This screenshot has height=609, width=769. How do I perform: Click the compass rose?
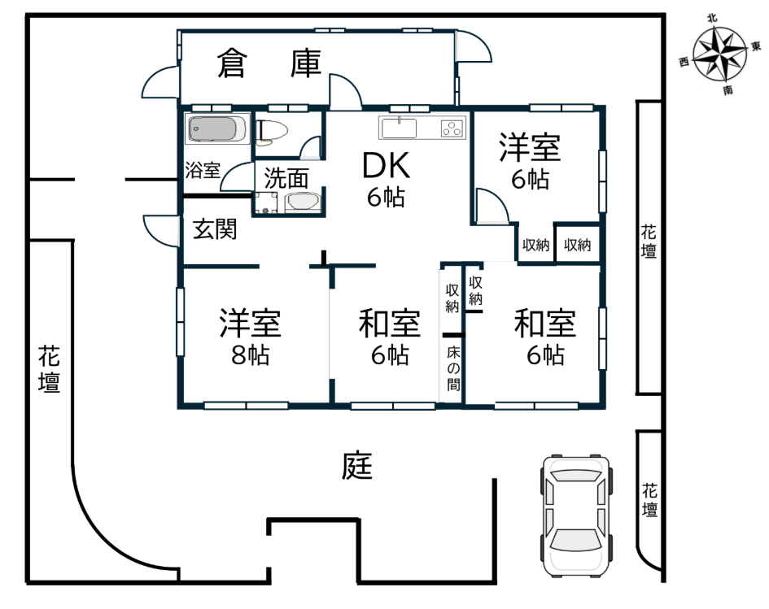[720, 54]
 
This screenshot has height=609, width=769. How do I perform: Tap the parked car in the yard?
[576, 516]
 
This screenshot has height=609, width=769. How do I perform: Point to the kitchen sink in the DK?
[400, 128]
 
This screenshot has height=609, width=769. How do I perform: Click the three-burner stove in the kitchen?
[452, 128]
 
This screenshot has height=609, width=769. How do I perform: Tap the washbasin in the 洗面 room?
[302, 202]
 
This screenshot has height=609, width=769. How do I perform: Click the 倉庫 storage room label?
[269, 63]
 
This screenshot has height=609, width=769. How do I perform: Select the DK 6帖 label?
[386, 180]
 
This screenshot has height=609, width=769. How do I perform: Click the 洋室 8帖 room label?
[250, 337]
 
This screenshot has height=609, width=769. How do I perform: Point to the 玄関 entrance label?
[214, 229]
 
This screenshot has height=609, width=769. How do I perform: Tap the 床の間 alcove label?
[453, 368]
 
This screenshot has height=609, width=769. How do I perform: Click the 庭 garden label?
[357, 465]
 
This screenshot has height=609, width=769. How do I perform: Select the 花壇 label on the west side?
[49, 368]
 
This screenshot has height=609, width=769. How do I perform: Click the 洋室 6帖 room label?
[530, 161]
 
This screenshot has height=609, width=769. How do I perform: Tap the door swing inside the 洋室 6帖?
[492, 206]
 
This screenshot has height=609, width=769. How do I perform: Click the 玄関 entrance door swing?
[160, 230]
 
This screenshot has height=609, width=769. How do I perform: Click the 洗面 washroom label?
[286, 178]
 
